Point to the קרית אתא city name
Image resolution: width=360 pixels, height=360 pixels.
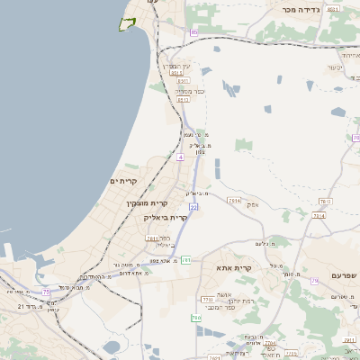pyautogui.click(x=233, y=267)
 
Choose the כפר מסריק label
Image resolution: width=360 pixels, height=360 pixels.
pyautogui.click(x=190, y=91)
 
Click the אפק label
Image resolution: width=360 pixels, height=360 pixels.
pyautogui.click(x=253, y=204)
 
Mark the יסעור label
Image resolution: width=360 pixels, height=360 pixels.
pyautogui.click(x=336, y=67)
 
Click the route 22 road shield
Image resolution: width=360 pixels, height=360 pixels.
pyautogui.click(x=193, y=207)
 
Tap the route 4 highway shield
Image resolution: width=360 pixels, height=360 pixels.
pyautogui.click(x=180, y=157)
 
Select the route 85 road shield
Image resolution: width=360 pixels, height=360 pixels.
pyautogui.click(x=194, y=32)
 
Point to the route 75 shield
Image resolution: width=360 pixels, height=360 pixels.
pyautogui.click(x=46, y=292)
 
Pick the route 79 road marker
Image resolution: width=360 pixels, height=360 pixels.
pyautogui.click(x=314, y=282)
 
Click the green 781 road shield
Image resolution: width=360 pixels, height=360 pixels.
pyautogui.click(x=186, y=259)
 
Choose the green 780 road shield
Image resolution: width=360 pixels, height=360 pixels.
pyautogui.click(x=195, y=318)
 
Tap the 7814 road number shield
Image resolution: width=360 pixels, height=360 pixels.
pyautogui.click(x=235, y=200)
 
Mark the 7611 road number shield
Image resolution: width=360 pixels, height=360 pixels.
pyautogui.click(x=152, y=238)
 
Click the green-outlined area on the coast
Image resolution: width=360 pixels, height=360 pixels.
pyautogui.click(x=127, y=24)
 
